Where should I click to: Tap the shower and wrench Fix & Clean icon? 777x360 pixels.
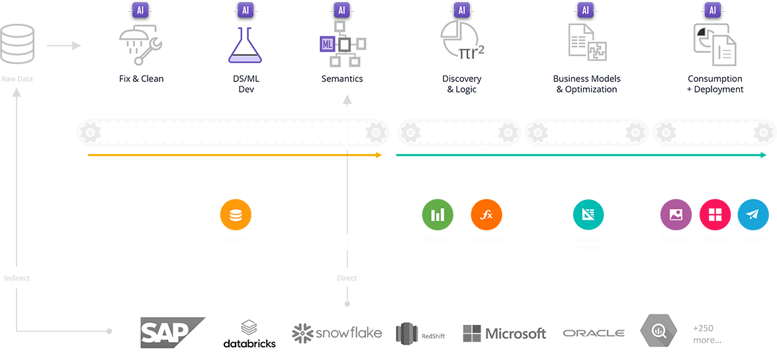point(141,44)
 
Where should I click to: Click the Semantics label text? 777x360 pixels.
point(342,79)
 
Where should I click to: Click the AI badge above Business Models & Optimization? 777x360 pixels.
point(585,10)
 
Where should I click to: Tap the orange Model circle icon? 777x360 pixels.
point(236,215)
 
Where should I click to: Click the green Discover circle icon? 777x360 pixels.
point(437,215)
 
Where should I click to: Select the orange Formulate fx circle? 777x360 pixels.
point(486,215)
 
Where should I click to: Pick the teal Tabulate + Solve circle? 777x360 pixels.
point(588,215)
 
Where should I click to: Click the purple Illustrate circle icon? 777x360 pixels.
point(676,215)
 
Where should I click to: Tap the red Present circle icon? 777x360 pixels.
point(715,215)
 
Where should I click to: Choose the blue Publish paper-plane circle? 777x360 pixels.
point(753,215)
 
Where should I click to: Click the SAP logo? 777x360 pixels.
point(171,332)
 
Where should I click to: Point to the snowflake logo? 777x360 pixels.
point(337,332)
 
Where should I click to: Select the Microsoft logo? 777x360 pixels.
point(504,333)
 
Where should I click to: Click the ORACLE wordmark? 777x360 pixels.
point(594,333)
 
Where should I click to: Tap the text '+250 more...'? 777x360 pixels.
point(707,334)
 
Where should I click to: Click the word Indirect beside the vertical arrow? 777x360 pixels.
point(17,278)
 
